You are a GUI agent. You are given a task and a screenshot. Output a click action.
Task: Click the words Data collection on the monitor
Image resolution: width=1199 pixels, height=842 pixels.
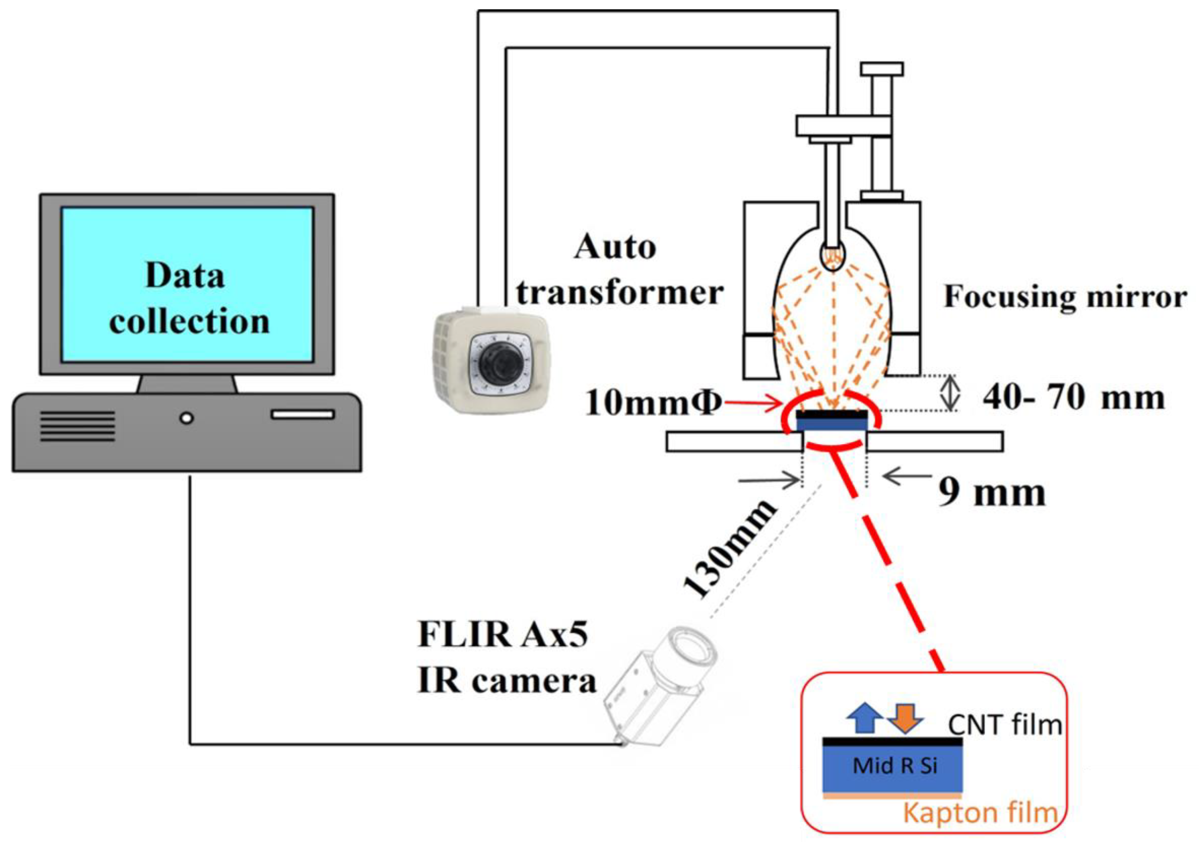coord(188,298)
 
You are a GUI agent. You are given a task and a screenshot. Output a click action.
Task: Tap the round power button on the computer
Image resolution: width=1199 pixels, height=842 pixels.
coord(186,418)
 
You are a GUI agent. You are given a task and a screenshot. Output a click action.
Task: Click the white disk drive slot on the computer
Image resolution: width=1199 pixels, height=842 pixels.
coord(302,415)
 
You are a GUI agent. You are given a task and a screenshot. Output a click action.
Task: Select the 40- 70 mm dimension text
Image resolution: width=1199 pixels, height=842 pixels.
coord(1074,398)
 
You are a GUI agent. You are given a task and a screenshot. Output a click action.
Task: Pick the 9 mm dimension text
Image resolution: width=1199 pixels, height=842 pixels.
coord(992,492)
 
